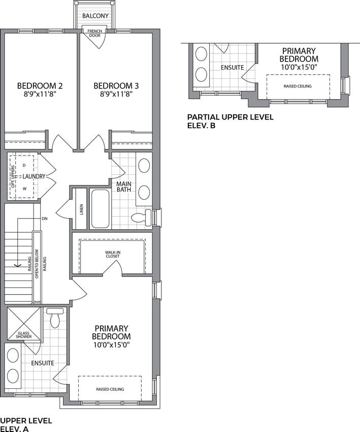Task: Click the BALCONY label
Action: (x=95, y=16)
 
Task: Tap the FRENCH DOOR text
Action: (x=94, y=34)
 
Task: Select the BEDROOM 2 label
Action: (x=40, y=86)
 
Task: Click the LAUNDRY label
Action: (x=34, y=176)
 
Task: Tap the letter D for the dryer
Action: (x=24, y=165)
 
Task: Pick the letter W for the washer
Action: (x=24, y=189)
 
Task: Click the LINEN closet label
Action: (x=81, y=209)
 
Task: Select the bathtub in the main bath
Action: (x=100, y=208)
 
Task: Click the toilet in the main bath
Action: (x=142, y=217)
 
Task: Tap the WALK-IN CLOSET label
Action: (x=113, y=254)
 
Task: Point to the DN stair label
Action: (x=45, y=219)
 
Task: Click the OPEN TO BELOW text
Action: (x=37, y=264)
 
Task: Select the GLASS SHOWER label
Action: (x=24, y=335)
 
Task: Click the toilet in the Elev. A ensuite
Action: (x=55, y=317)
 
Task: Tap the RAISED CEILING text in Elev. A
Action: (x=110, y=389)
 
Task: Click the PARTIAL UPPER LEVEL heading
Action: (x=231, y=117)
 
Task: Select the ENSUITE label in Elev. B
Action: (x=232, y=68)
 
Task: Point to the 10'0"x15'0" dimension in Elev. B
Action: (x=299, y=67)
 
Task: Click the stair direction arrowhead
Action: (x=18, y=265)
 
